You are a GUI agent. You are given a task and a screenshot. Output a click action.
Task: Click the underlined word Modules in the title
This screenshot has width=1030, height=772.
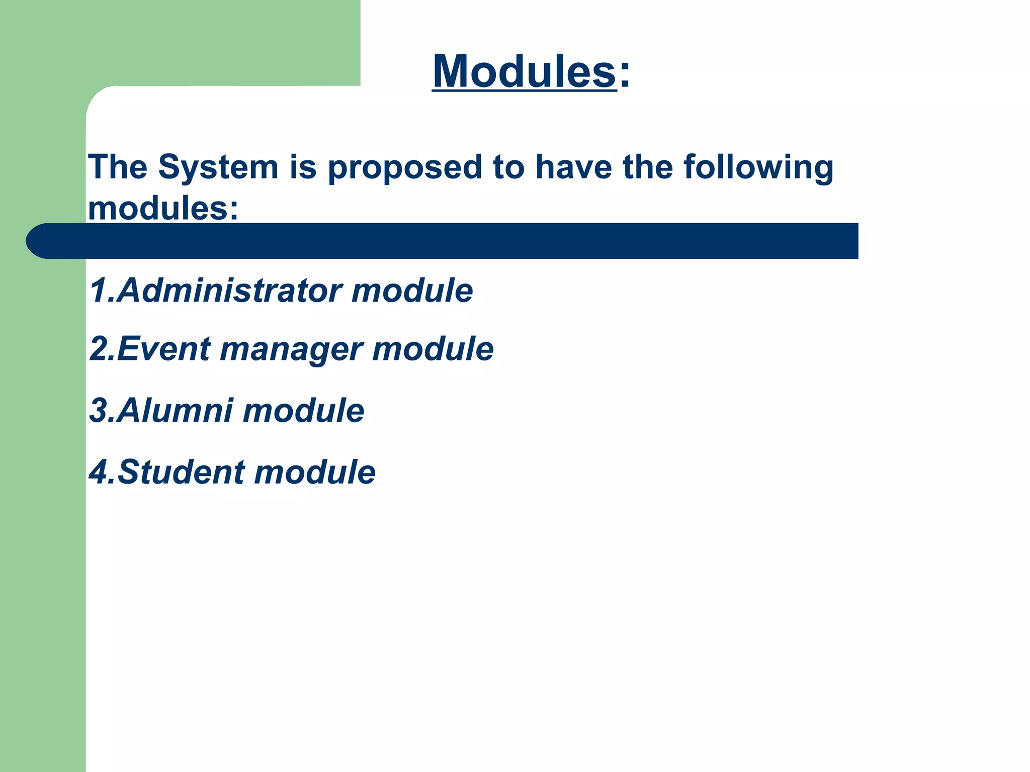tap(524, 71)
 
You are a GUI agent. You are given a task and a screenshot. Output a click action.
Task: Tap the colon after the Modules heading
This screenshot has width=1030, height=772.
tap(624, 75)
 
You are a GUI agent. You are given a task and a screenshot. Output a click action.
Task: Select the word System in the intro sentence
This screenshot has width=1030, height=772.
tap(218, 167)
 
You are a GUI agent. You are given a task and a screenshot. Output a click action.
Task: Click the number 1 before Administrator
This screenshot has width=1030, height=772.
tap(98, 291)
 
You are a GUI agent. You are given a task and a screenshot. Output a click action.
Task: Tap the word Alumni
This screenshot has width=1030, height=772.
tap(176, 411)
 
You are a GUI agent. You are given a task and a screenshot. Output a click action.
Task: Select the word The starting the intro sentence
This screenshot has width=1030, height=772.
tap(118, 167)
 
